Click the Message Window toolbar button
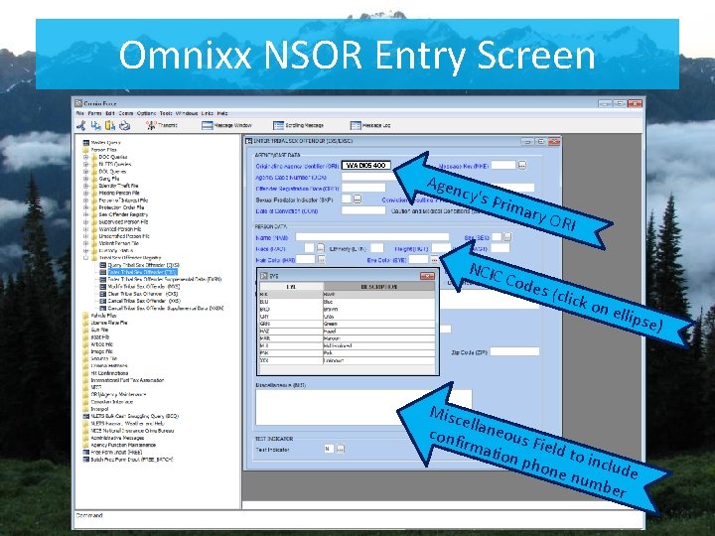coord(235,126)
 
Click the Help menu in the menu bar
coord(222,113)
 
